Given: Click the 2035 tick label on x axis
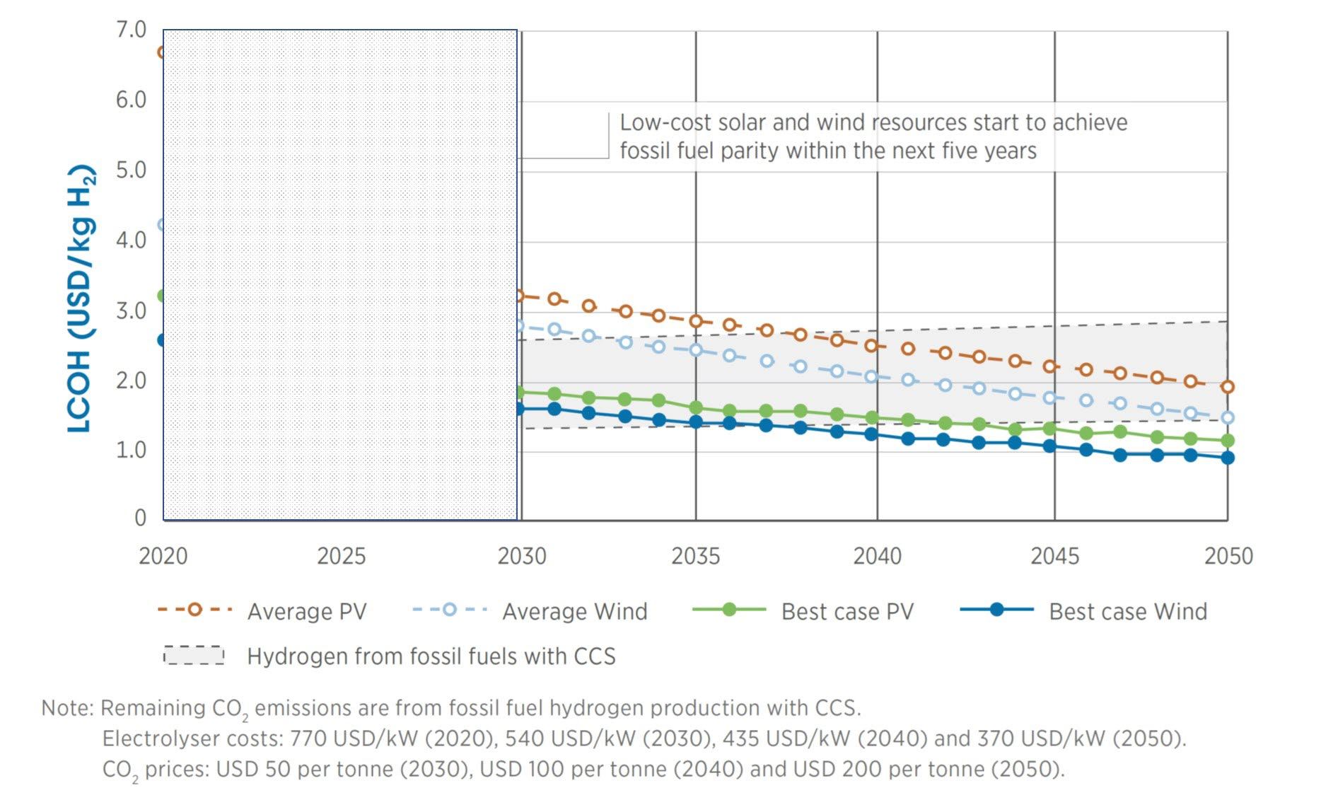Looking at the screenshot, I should tap(695, 557).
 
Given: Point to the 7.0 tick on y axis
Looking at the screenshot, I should tap(131, 30).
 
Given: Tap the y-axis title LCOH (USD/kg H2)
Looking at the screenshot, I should tap(81, 298).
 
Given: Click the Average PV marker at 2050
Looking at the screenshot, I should tap(1228, 387).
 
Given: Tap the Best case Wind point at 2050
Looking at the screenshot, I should tap(1228, 458).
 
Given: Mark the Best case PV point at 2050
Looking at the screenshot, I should tap(1228, 441).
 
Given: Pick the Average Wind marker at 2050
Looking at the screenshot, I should tap(1228, 418).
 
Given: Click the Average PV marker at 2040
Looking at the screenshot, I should tap(872, 346).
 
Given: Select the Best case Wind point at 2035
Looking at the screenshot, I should tap(696, 422).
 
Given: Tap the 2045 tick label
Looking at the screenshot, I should tap(1054, 557).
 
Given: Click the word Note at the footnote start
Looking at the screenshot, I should tap(66, 708).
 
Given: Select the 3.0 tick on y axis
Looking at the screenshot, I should tap(131, 311).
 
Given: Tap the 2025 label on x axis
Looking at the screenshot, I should tap(341, 557).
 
